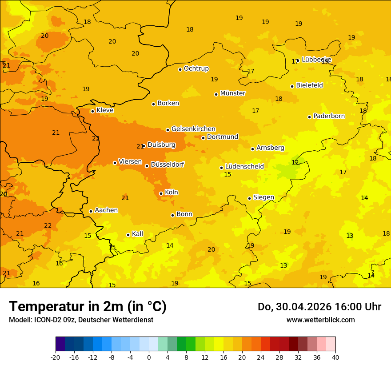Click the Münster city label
tap(232, 93)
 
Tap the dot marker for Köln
tap(161, 193)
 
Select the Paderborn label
tap(329, 116)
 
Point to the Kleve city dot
tap(92, 111)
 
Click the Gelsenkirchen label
tap(193, 129)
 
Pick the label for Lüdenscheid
tap(244, 167)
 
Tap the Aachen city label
tap(106, 210)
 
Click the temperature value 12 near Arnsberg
tap(295, 163)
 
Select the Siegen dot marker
tap(249, 198)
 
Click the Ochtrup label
tap(196, 68)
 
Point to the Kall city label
tap(137, 234)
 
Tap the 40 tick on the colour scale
tap(335, 357)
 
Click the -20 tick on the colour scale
tap(56, 357)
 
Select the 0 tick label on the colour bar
tap(149, 357)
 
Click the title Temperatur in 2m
tap(88, 306)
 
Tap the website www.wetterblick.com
tap(320, 320)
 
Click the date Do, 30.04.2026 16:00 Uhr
tap(319, 307)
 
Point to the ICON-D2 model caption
tap(81, 320)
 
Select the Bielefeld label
tap(309, 85)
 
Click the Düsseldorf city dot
tap(147, 166)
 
